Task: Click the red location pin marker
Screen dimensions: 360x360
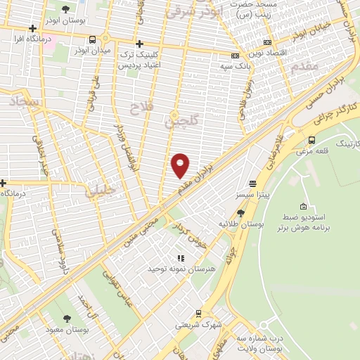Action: [181, 165]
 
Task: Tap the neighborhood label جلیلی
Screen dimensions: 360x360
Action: [101, 191]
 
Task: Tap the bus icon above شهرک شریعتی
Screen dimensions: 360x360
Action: [199, 314]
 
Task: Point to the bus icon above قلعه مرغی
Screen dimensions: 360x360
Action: [311, 139]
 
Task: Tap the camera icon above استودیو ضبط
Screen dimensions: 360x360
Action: [303, 207]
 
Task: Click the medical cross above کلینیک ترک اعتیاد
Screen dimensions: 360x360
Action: [139, 44]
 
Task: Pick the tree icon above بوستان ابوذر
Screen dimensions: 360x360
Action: [66, 9]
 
